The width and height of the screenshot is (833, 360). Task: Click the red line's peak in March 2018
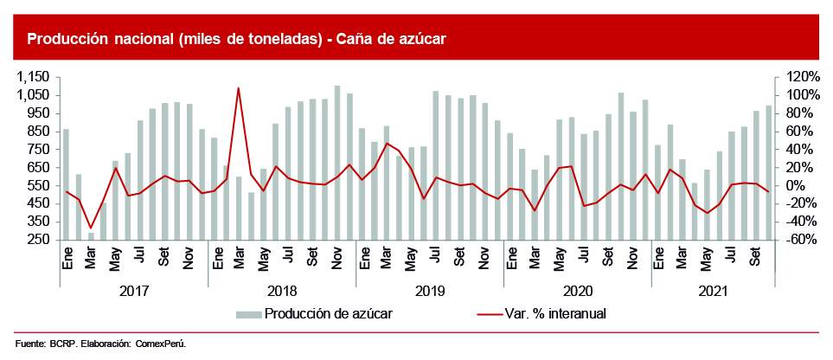pos(238,87)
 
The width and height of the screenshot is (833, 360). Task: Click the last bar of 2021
pos(768,172)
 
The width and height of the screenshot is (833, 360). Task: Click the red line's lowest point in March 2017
pos(91,228)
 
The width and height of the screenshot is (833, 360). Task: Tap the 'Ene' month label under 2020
pos(510,257)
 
